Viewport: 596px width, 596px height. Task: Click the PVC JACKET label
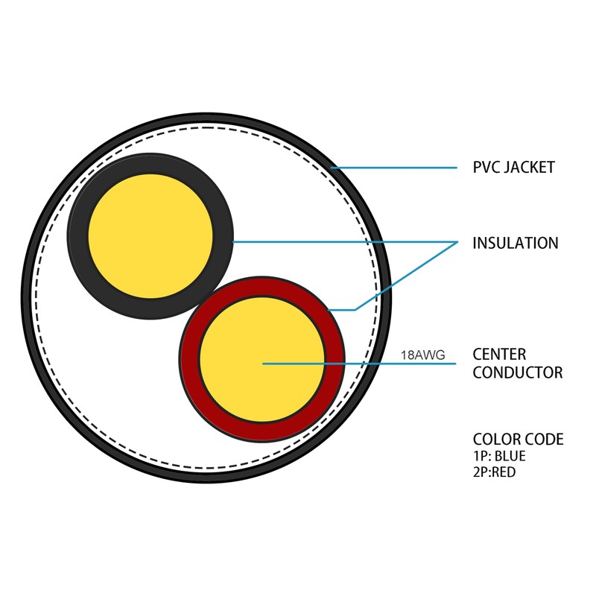[513, 168]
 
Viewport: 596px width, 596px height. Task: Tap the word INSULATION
[516, 244]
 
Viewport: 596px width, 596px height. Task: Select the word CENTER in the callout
[499, 355]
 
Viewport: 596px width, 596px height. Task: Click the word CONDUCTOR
[518, 372]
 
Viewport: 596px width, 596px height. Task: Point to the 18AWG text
[423, 355]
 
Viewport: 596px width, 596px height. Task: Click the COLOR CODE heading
[518, 440]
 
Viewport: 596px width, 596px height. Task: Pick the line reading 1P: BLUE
[499, 456]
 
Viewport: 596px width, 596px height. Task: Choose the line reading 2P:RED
[495, 472]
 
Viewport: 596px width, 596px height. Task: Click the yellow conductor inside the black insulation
[150, 236]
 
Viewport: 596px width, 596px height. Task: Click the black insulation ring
[78, 236]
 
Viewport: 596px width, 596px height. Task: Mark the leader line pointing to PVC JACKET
[394, 168]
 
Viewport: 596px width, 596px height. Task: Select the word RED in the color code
[504, 472]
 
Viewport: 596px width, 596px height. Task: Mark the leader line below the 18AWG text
[359, 364]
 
